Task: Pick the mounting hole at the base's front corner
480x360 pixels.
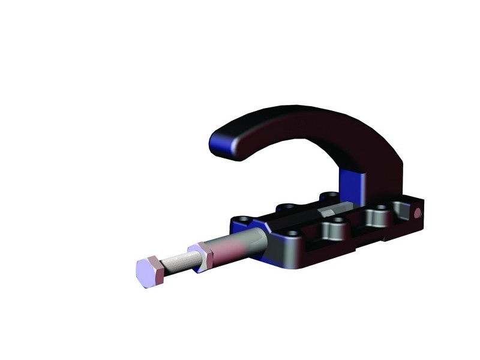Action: click(292, 233)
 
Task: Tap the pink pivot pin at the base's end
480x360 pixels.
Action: click(418, 213)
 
